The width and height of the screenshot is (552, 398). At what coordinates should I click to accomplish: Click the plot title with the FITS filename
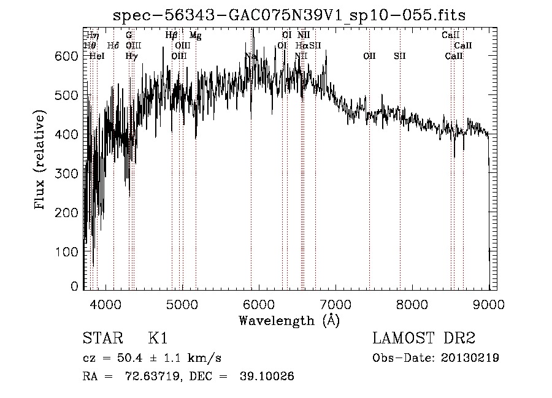coord(289,15)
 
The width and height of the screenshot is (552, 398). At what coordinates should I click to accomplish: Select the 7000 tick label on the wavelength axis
coord(335,304)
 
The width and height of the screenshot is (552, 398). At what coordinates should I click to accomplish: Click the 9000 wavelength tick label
coord(489,304)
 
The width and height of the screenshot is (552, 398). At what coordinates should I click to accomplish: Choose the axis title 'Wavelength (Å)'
coord(289,320)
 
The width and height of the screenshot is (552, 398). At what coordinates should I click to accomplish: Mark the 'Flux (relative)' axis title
coord(41,161)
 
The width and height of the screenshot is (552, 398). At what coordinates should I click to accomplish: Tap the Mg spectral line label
coord(195,36)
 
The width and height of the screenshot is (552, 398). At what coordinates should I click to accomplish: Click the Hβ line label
coord(172,36)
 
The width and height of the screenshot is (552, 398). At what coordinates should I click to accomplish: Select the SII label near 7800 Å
coord(400,56)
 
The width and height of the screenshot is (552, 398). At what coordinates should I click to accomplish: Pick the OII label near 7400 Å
coord(369,56)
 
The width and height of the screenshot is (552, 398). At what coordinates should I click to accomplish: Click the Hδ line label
coord(113,45)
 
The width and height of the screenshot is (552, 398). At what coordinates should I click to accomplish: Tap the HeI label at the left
coord(97,56)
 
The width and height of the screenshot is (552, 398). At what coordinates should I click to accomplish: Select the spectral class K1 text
coord(158,339)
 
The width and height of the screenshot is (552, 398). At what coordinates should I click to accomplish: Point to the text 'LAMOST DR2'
coord(424,339)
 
